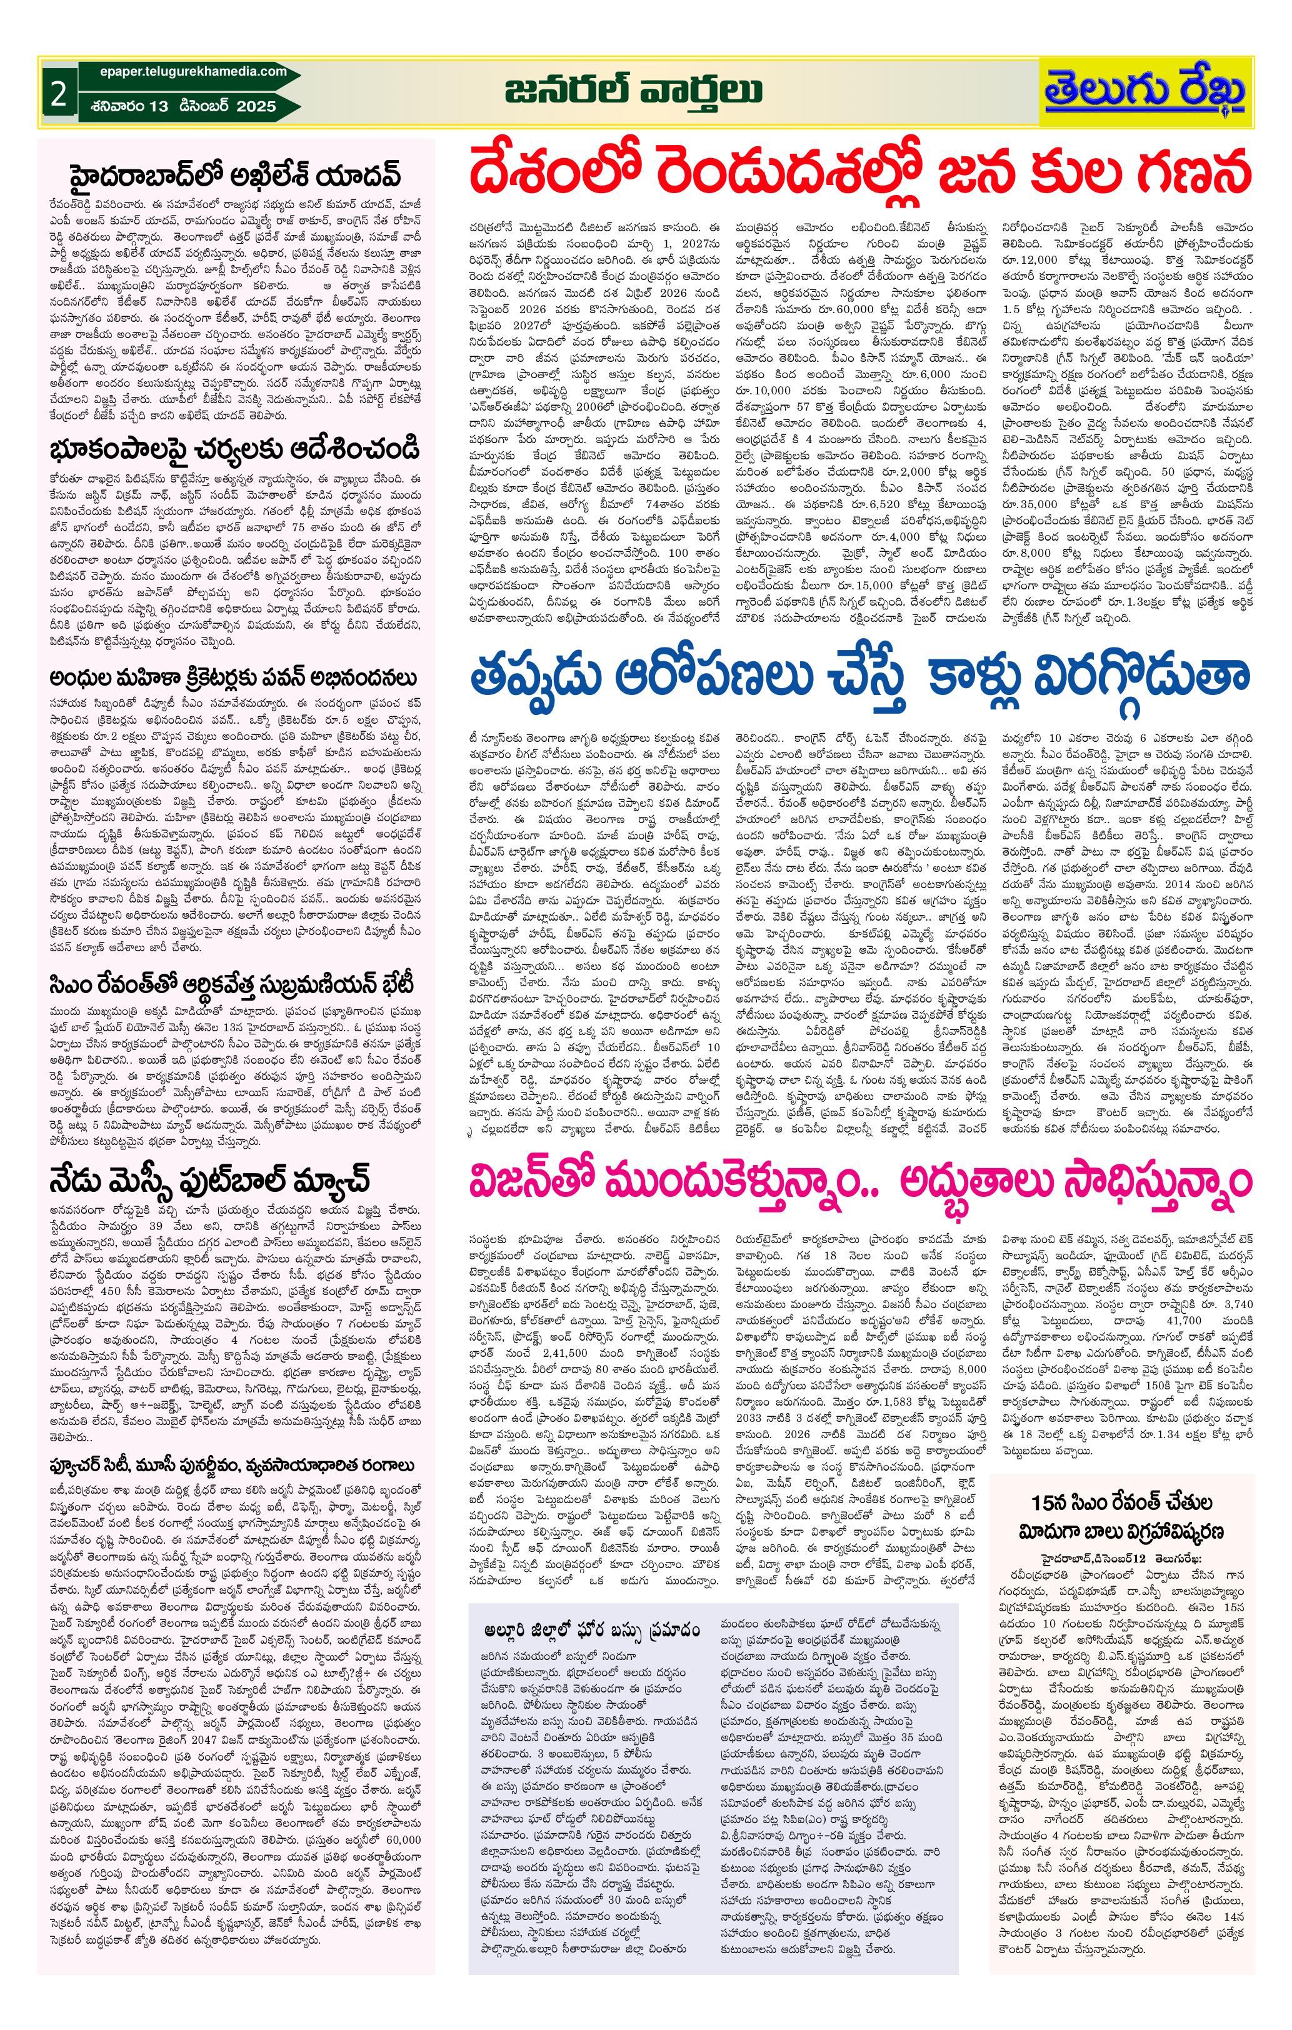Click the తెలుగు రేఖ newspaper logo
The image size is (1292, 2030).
[1145, 91]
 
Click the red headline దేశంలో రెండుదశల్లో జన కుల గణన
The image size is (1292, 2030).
[860, 174]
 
